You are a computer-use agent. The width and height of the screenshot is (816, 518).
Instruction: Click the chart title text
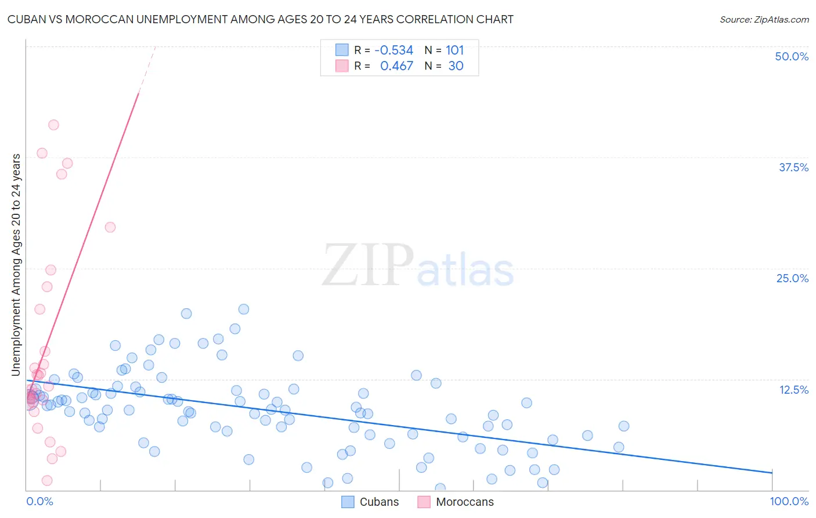[260, 19]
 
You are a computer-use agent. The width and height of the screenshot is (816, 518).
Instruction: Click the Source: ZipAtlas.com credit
[764, 19]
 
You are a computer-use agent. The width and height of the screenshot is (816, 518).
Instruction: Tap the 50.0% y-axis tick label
[792, 56]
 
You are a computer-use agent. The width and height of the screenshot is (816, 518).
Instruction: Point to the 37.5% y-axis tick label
[793, 167]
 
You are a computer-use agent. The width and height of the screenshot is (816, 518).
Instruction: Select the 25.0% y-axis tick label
[792, 278]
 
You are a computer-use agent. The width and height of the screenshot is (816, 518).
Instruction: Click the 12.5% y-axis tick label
[793, 390]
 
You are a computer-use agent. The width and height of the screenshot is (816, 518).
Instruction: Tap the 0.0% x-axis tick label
[39, 501]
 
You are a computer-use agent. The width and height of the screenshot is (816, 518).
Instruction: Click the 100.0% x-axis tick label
[789, 501]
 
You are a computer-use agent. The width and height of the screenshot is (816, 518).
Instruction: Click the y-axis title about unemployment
[16, 265]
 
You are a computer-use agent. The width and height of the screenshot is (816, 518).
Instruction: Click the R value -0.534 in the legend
[393, 50]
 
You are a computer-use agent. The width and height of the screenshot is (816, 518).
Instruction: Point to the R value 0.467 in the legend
[396, 66]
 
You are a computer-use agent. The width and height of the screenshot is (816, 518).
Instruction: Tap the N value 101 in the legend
[454, 50]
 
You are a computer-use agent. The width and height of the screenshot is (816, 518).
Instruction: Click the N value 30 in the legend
[456, 66]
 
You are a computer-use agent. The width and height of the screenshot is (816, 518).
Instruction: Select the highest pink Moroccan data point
[53, 125]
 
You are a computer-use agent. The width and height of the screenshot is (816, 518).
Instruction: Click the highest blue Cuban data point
[244, 310]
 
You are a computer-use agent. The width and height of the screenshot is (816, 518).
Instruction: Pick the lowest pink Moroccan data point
[47, 480]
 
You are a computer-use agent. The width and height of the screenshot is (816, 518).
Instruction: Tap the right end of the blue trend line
[772, 473]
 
